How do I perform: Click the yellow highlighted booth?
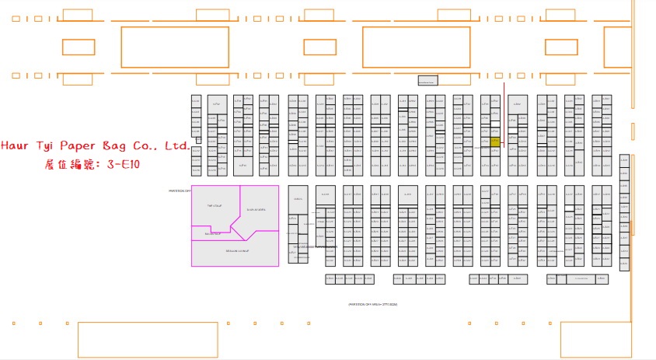[495, 142]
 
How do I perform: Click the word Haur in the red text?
[16, 146]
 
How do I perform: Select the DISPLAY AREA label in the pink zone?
[256, 210]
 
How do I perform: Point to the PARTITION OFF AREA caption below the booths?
[372, 304]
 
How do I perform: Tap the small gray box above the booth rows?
[427, 80]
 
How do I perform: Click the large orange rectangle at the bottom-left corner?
[147, 339]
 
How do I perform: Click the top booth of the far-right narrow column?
[624, 159]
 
